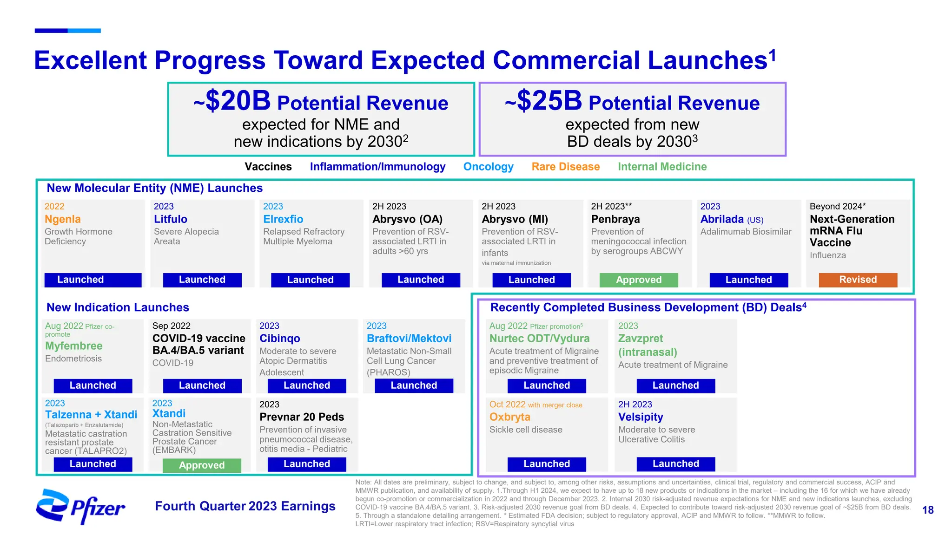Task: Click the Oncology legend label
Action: pos(488,167)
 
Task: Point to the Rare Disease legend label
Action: pos(565,167)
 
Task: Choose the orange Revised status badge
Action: pos(858,280)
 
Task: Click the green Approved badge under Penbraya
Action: pos(638,280)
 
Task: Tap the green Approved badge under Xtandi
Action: pos(202,465)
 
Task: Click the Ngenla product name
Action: pos(63,219)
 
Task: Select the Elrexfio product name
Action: pos(283,219)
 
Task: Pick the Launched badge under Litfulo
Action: pos(202,280)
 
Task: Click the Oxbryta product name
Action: pos(509,417)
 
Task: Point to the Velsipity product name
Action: pos(641,417)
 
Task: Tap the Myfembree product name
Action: pos(74,346)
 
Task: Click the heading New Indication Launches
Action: pos(118,307)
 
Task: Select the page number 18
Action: pos(927,510)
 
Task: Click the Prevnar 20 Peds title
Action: pos(302,417)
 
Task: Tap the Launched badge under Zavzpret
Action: pos(675,385)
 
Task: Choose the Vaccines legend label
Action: pos(268,167)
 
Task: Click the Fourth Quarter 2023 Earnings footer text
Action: pos(245,506)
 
